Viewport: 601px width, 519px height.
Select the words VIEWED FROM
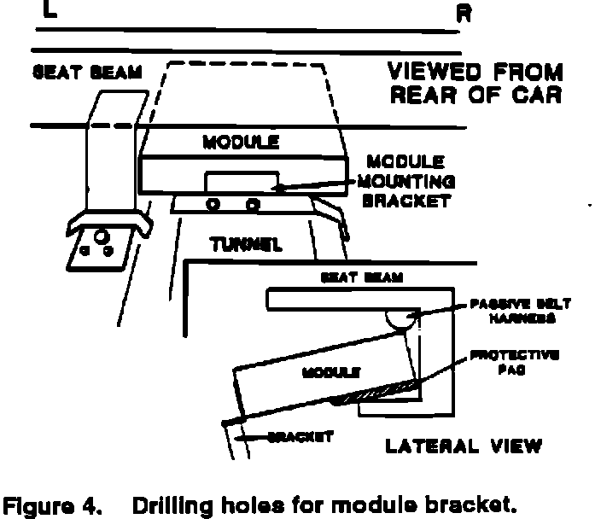click(475, 71)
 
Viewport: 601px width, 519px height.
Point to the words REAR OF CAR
click(475, 93)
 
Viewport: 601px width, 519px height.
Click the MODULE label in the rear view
click(241, 142)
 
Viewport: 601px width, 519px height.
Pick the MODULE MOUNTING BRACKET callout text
click(408, 181)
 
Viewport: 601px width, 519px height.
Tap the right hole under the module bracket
click(253, 205)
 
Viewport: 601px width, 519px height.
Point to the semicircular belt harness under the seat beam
click(400, 321)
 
